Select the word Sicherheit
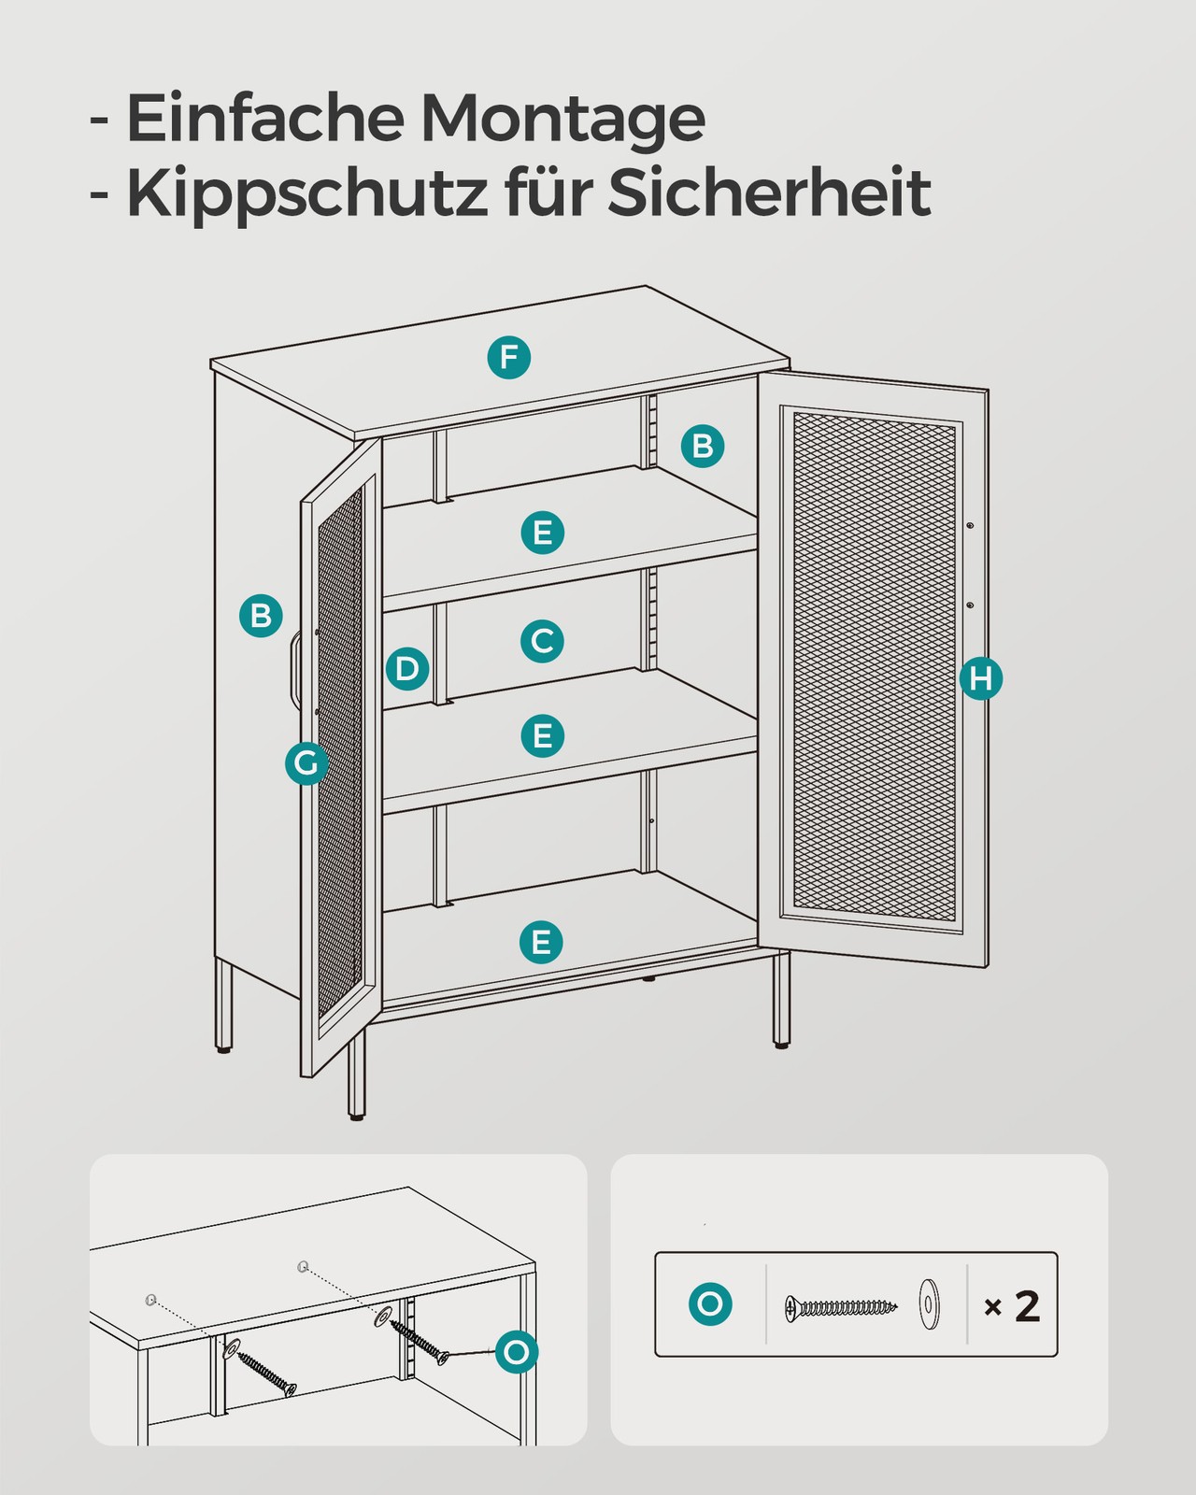pos(769,191)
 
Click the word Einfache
pos(264,117)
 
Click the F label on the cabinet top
pos(508,357)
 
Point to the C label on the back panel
pos(542,641)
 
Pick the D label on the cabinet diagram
pos(407,669)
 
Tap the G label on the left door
pos(306,762)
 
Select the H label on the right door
pos(980,678)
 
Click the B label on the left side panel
pos(261,616)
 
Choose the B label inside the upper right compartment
pos(703,446)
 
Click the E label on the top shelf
pos(543,533)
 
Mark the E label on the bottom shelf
pos(541,942)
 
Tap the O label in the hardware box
pos(710,1304)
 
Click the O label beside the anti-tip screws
pos(517,1352)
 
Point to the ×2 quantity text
pos(1012,1306)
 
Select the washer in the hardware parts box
pos(928,1303)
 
